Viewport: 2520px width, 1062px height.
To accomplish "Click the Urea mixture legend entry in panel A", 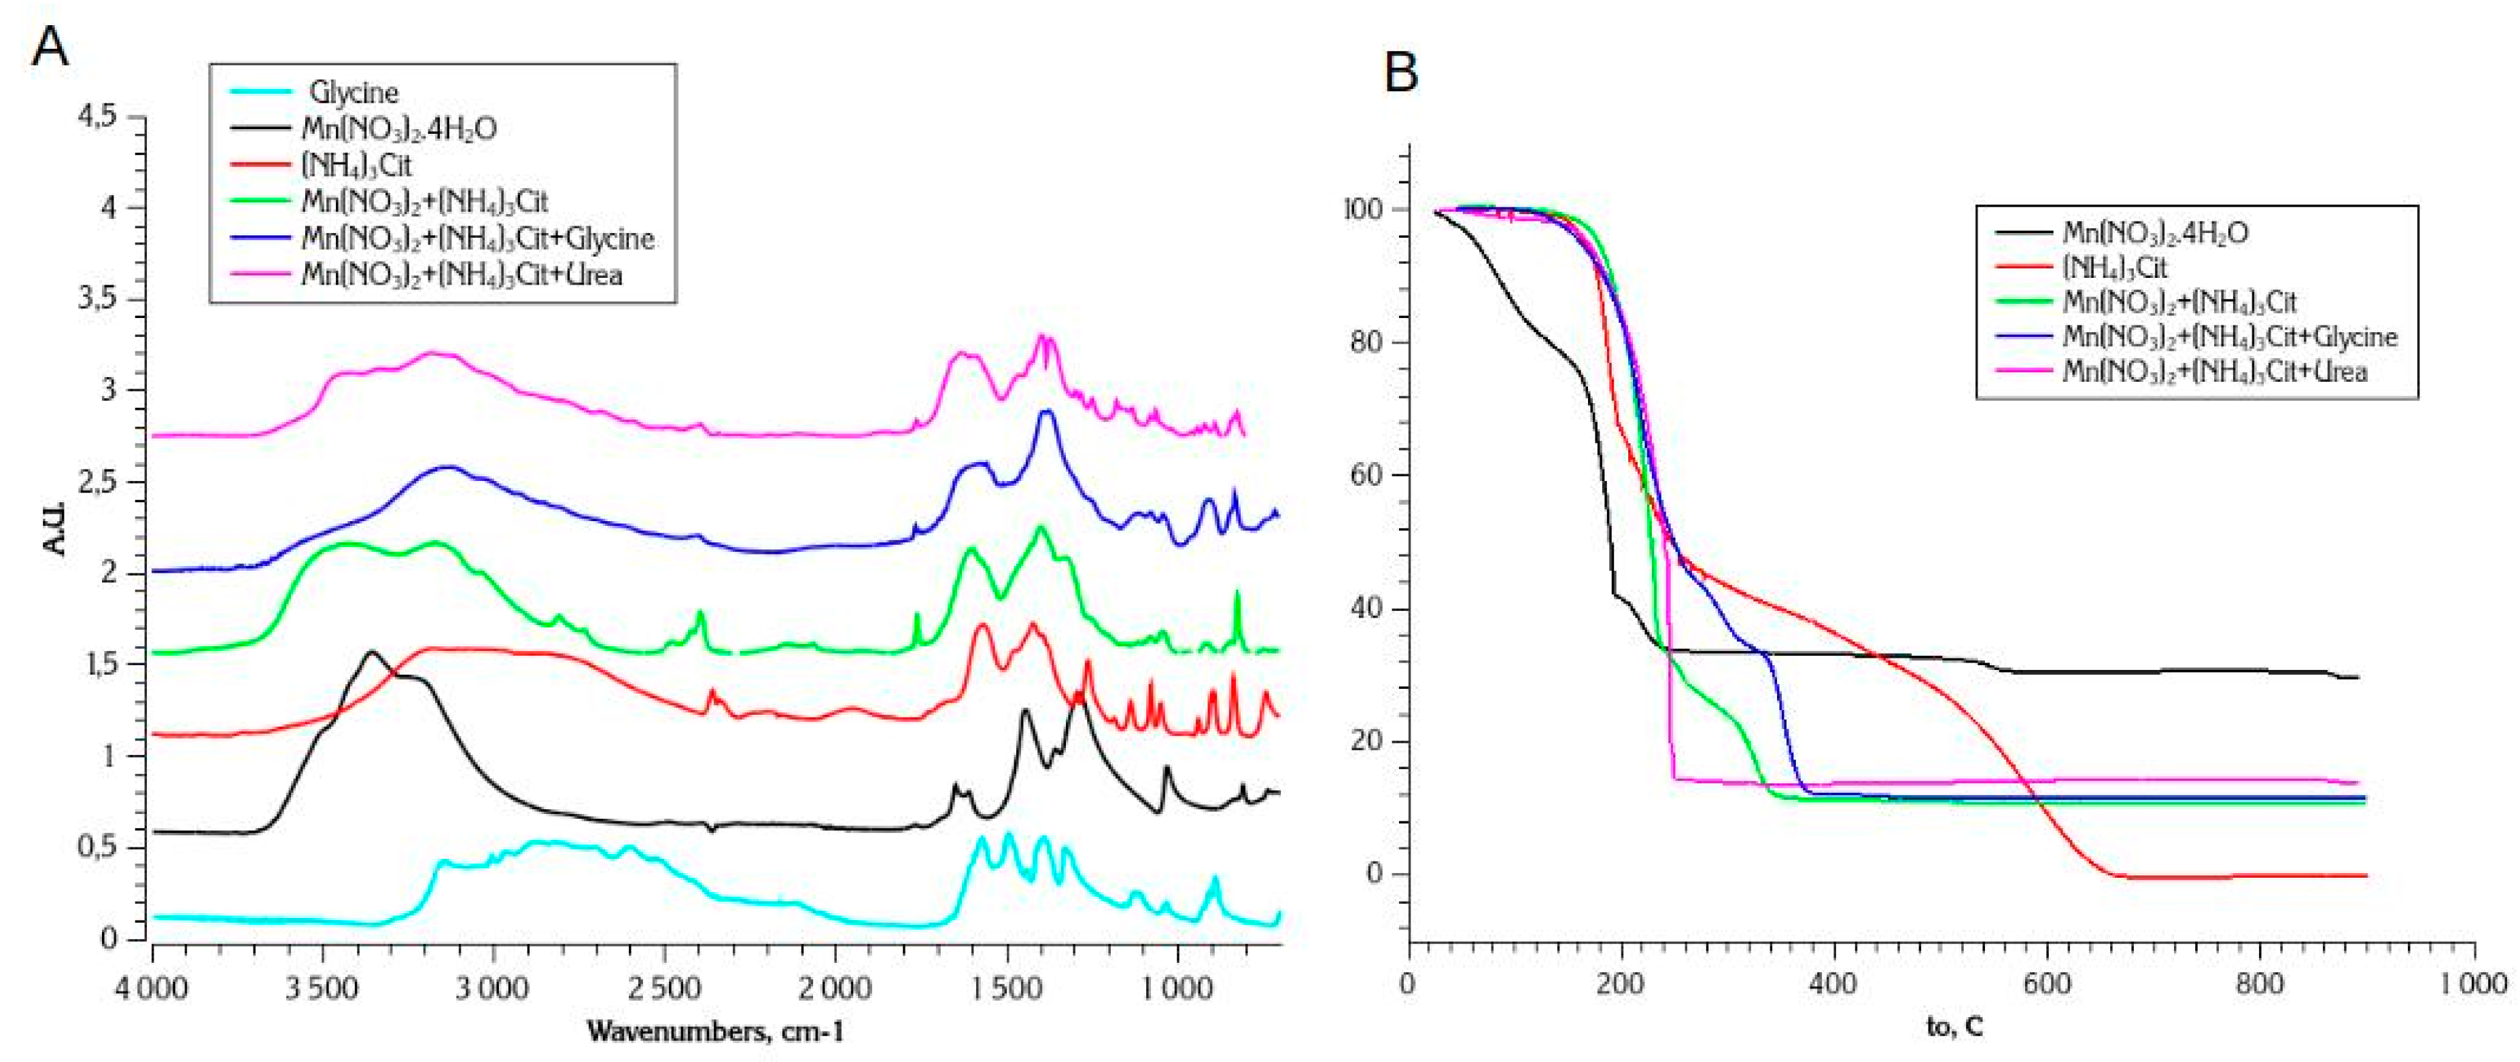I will point(462,275).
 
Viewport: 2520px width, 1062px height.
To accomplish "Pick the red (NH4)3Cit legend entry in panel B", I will point(2115,267).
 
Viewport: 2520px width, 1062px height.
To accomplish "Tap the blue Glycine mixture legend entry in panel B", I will point(2228,336).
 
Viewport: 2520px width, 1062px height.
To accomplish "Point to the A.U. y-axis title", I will point(56,528).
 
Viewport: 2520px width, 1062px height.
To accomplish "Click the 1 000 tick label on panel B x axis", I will point(2473,983).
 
